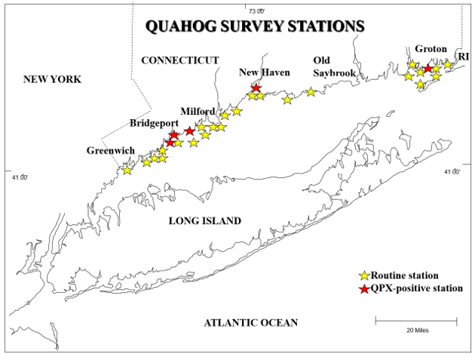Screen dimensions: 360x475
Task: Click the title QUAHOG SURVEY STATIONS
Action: coord(255,26)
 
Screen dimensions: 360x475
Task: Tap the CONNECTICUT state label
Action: coord(179,60)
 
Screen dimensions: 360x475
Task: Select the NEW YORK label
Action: coord(52,79)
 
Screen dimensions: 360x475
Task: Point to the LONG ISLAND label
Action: coord(204,221)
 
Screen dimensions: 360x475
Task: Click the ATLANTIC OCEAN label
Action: coord(250,322)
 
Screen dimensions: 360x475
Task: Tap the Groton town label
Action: coord(431,48)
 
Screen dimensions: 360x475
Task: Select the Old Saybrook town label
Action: coord(332,65)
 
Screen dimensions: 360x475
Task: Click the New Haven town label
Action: coord(264,72)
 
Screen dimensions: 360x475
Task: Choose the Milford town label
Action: coord(198,110)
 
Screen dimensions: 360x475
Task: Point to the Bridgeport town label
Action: coord(154,122)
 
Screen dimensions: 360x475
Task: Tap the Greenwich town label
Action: coord(110,150)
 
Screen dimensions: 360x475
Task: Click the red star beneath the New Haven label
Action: coord(256,88)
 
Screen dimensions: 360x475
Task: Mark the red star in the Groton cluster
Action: coord(429,69)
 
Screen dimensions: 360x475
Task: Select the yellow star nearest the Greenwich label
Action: coord(127,170)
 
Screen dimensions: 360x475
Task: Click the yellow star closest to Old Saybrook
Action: coord(310,92)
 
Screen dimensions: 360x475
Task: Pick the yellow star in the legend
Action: coord(365,276)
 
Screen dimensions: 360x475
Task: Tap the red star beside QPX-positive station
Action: coord(365,288)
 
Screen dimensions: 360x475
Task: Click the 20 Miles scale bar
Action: coord(416,322)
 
